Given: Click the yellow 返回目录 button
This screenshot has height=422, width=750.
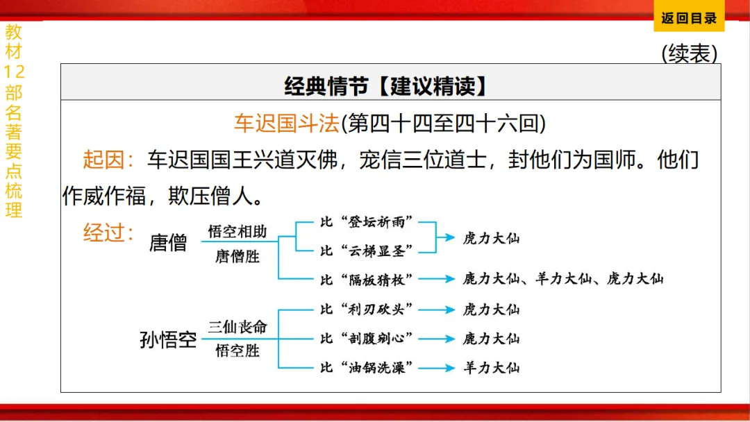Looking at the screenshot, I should click(688, 19).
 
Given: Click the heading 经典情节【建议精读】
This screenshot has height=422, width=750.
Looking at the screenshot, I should click(385, 86).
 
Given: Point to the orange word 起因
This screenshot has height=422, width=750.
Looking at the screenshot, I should click(102, 160).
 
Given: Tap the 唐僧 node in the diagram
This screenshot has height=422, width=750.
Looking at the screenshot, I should click(168, 242).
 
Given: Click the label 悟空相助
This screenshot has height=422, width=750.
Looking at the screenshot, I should click(237, 232).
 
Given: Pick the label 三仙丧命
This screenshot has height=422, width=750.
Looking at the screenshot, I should click(237, 327).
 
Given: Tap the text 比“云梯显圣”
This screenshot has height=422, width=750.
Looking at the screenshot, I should click(367, 250).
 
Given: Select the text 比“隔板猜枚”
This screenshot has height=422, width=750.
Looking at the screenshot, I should click(367, 279).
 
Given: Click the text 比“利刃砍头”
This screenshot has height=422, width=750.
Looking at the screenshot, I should click(367, 309).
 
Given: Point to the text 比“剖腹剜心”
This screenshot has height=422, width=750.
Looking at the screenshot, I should click(367, 339).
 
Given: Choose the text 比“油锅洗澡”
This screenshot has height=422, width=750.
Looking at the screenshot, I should click(367, 368).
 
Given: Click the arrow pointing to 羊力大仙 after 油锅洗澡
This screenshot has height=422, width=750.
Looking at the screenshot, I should click(436, 368).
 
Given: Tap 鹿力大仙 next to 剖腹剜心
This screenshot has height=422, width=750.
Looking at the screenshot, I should click(491, 339).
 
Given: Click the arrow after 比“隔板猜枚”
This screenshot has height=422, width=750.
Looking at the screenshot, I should click(436, 279).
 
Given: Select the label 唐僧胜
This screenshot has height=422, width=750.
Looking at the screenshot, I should click(237, 256).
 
